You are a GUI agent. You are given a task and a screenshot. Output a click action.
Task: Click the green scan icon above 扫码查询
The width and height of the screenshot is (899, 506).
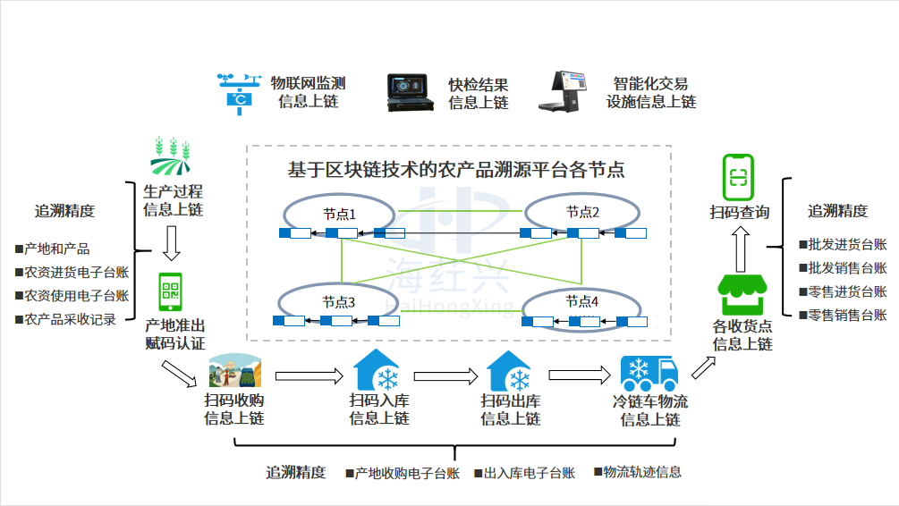coord(738,177)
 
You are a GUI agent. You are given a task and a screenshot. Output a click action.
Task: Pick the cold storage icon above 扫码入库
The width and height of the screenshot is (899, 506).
coord(377,371)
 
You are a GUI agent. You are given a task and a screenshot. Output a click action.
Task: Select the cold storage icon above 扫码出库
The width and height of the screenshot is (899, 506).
coord(510,371)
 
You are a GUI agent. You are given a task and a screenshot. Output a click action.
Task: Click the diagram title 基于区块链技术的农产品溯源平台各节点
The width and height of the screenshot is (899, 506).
coord(455,168)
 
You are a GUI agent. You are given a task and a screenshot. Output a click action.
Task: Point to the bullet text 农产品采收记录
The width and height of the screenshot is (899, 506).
coord(71,319)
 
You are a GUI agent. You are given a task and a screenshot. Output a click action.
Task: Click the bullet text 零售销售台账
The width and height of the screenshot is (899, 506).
coord(847,315)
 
